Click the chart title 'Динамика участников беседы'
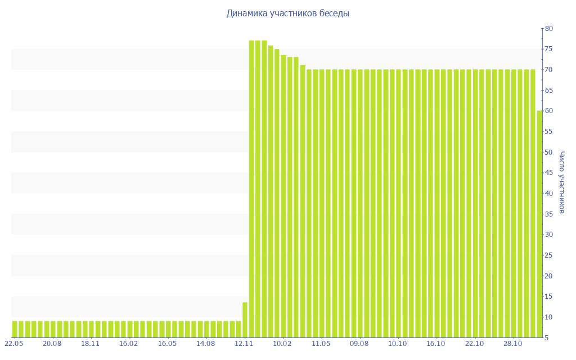pyautogui.click(x=287, y=13)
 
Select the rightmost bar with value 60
pyautogui.click(x=539, y=224)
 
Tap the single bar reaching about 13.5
pyautogui.click(x=245, y=319)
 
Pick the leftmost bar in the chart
pyautogui.click(x=15, y=329)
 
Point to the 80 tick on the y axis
pyautogui.click(x=548, y=29)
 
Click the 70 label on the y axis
pyautogui.click(x=548, y=70)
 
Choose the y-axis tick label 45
pyautogui.click(x=548, y=173)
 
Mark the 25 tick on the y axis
pyautogui.click(x=548, y=255)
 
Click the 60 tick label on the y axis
pyautogui.click(x=548, y=111)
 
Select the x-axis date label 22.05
pyautogui.click(x=13, y=344)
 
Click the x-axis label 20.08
pyautogui.click(x=52, y=344)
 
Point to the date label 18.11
pyautogui.click(x=90, y=344)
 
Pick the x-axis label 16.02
pyautogui.click(x=129, y=344)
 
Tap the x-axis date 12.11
pyautogui.click(x=244, y=344)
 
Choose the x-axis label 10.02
pyautogui.click(x=282, y=344)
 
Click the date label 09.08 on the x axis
pyautogui.click(x=359, y=344)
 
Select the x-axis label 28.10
pyautogui.click(x=513, y=344)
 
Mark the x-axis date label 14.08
pyautogui.click(x=205, y=344)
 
